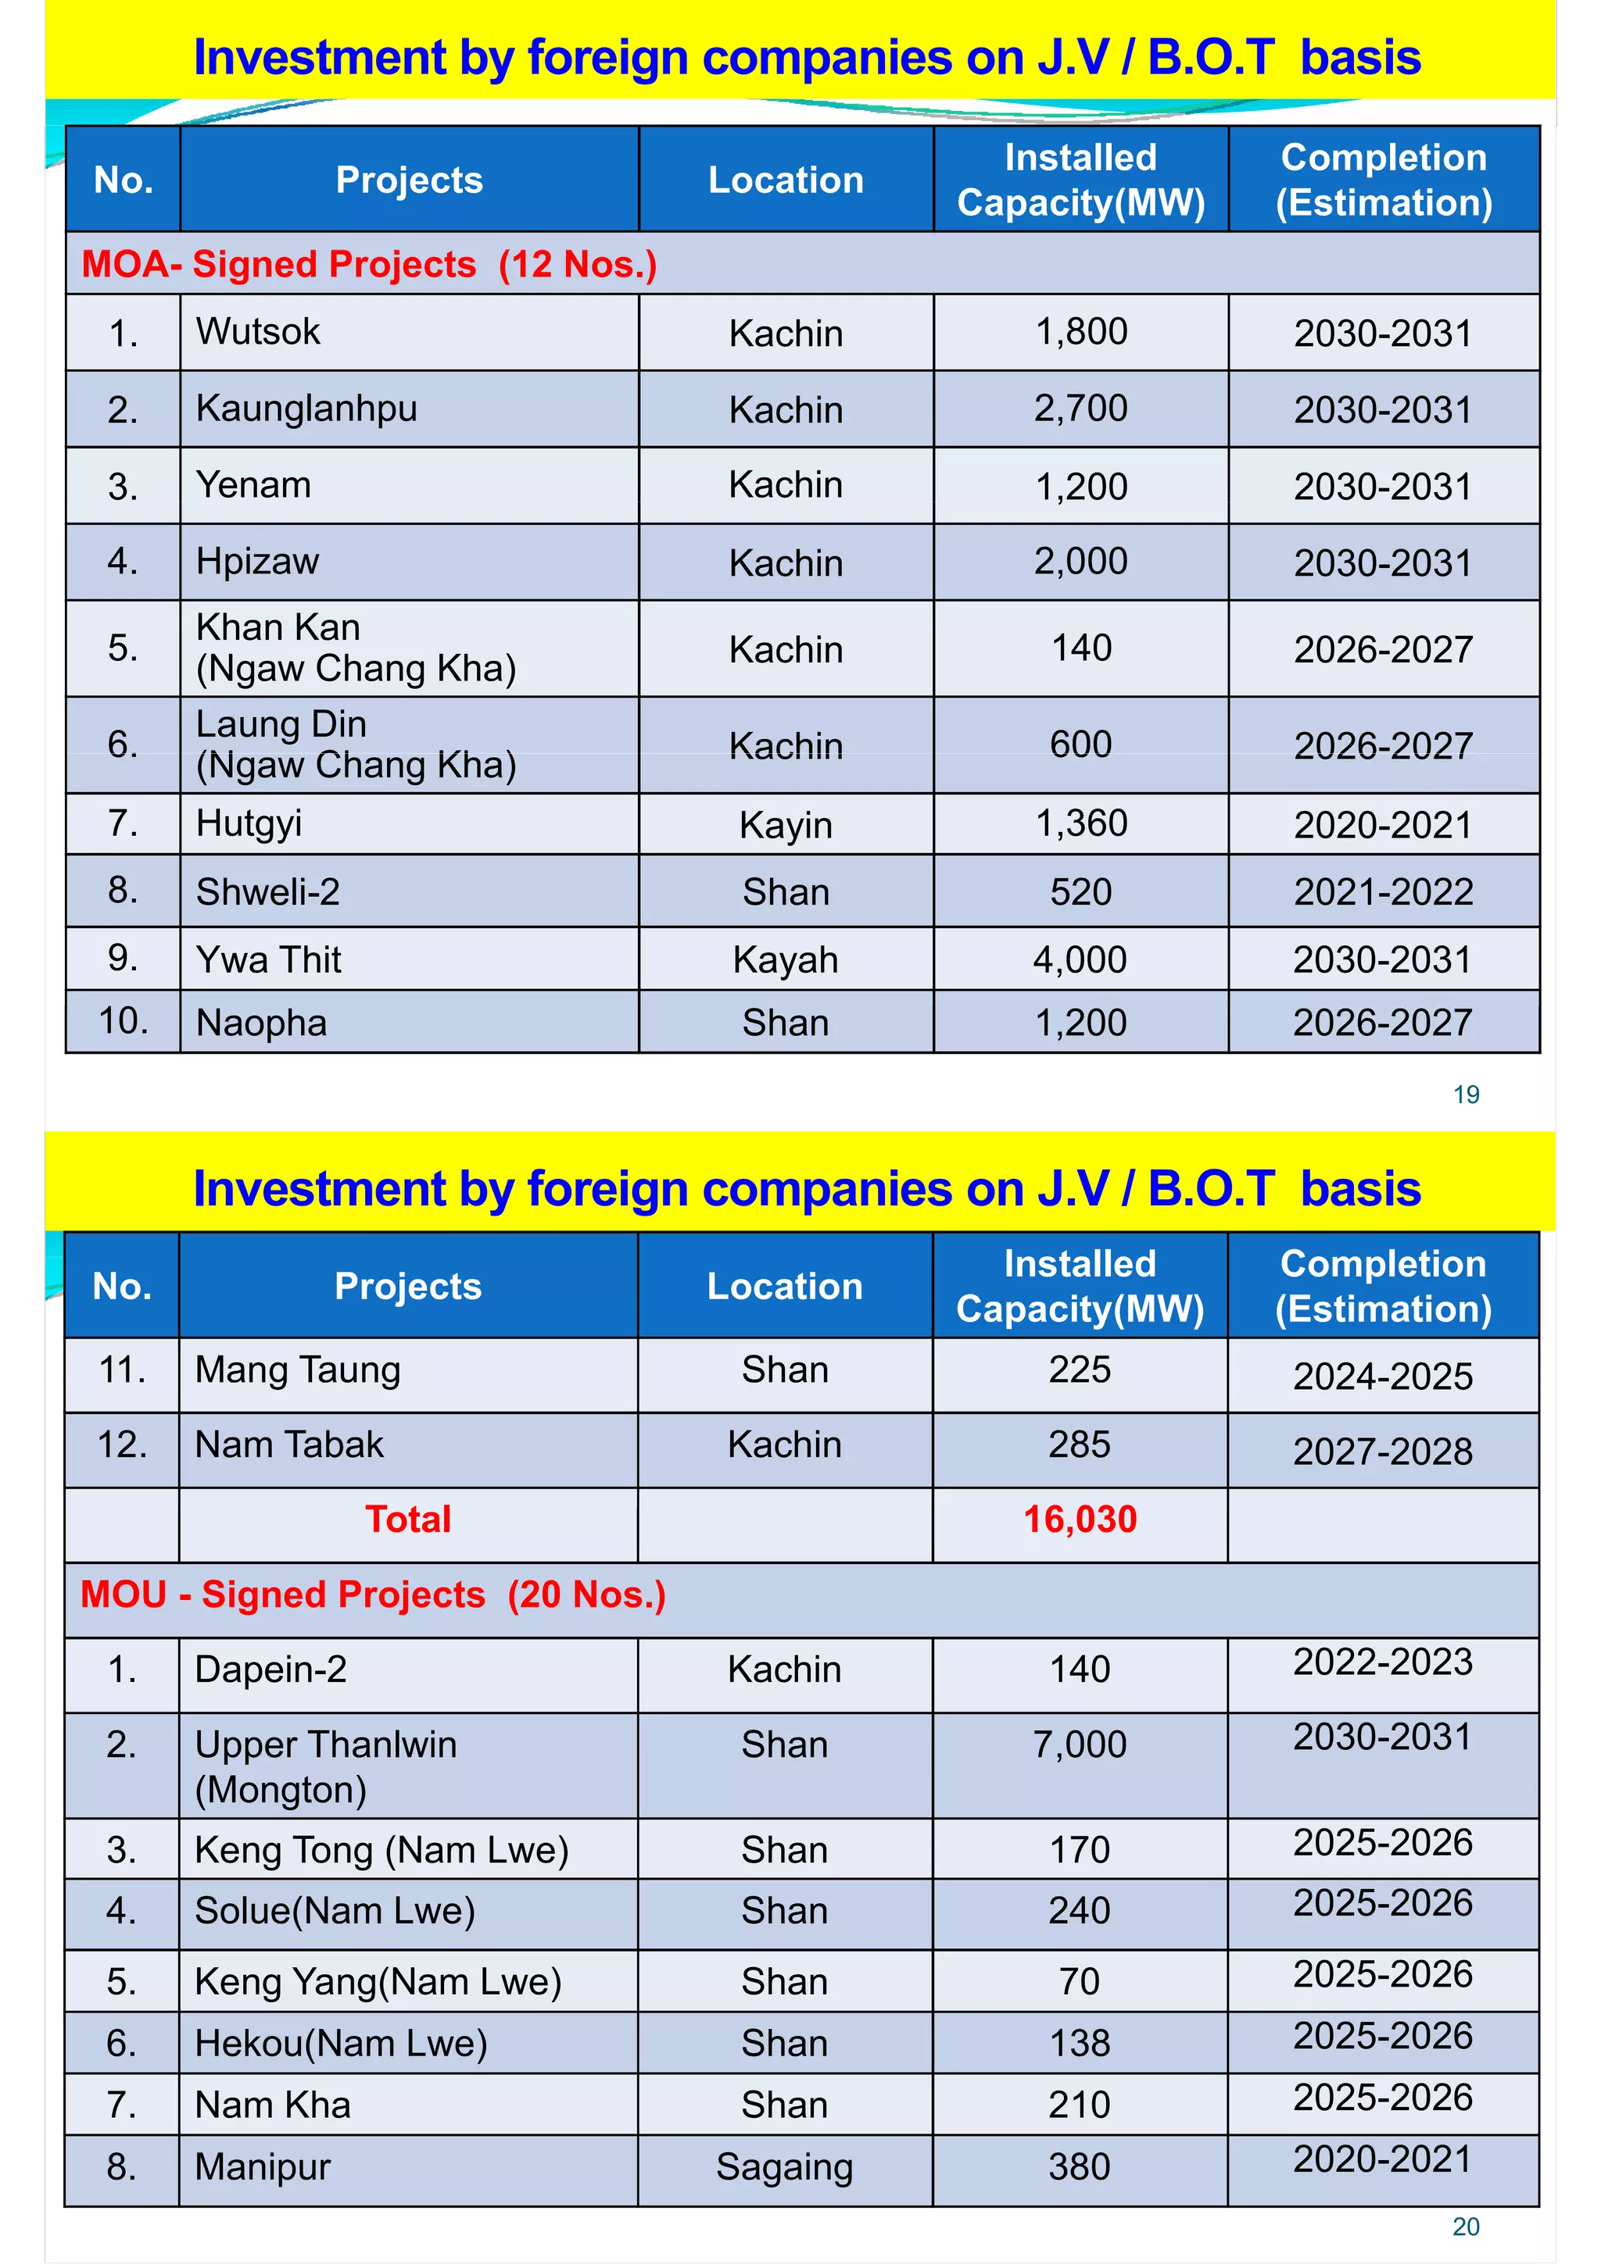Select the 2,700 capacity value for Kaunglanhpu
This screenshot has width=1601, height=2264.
1080,409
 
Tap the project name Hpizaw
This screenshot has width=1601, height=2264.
257,561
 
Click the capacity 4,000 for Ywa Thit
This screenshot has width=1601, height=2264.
1080,959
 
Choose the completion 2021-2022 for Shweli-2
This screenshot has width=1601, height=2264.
1383,891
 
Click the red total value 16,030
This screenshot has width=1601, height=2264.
1080,1519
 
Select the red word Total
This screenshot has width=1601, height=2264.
407,1519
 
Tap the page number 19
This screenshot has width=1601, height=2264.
1466,1095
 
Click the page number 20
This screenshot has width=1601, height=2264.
1466,2227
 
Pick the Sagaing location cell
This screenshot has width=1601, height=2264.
784,2166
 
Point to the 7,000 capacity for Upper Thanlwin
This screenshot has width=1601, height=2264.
1080,1744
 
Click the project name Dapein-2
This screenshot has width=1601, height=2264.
271,1669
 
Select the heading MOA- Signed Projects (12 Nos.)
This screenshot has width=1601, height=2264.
369,264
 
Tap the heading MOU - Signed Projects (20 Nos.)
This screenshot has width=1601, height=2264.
373,1594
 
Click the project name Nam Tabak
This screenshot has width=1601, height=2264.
289,1444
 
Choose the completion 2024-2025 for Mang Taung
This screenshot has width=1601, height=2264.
1383,1376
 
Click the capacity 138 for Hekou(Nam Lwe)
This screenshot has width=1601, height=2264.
1080,2042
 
